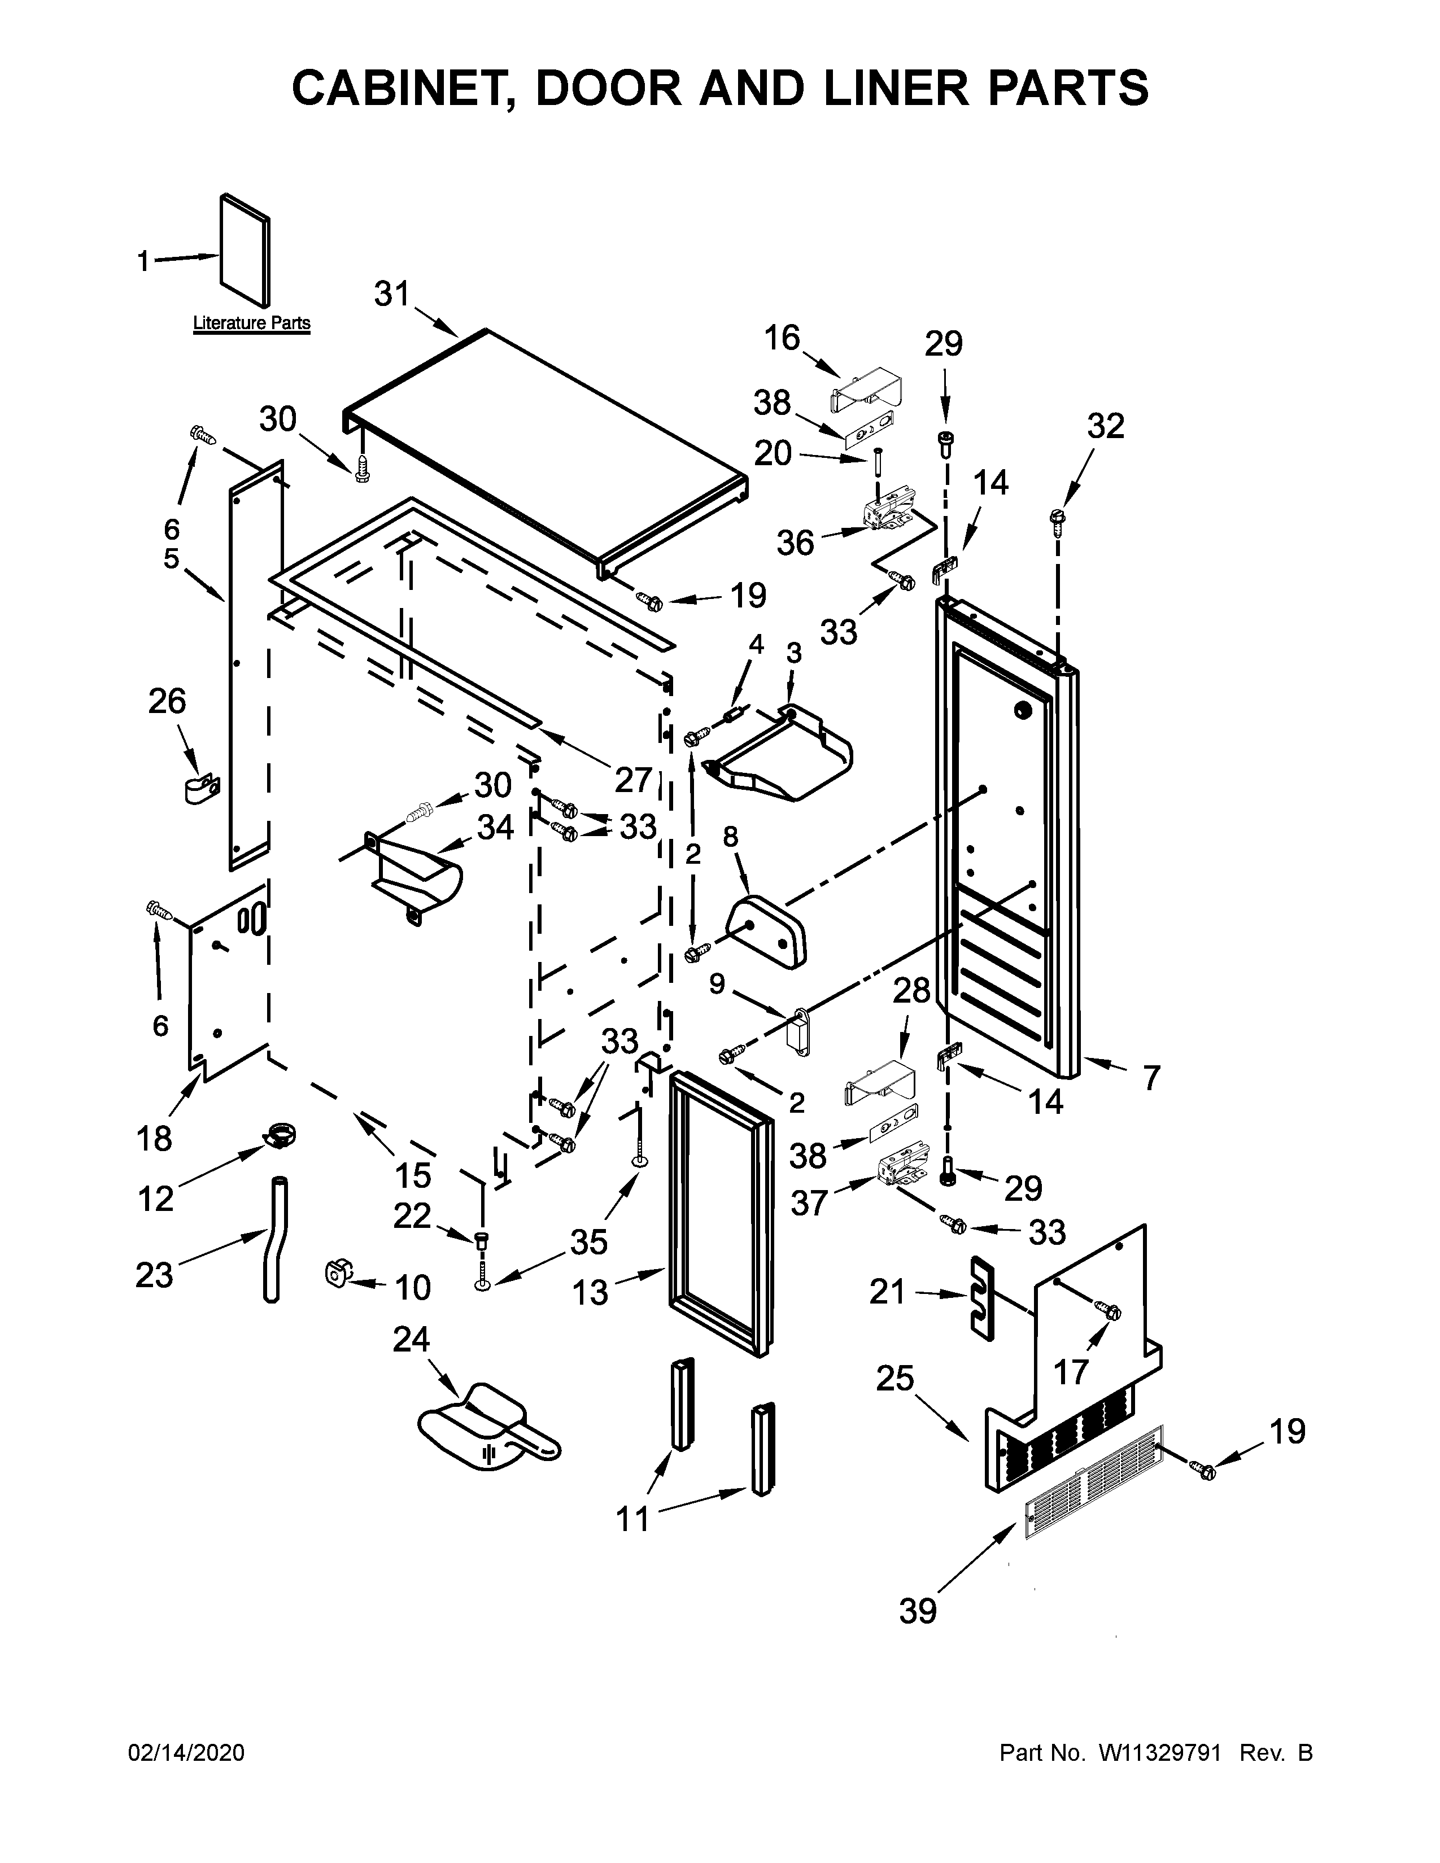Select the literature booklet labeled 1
click(x=246, y=250)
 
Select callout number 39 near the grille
click(x=918, y=1611)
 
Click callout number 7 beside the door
click(x=1151, y=1078)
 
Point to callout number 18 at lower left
click(x=154, y=1139)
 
